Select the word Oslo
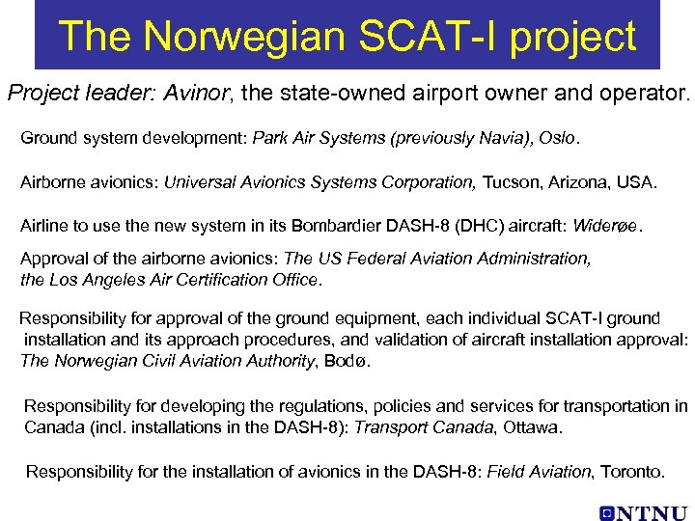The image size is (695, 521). [556, 139]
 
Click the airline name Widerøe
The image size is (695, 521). [606, 227]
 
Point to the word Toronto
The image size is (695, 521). [632, 472]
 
